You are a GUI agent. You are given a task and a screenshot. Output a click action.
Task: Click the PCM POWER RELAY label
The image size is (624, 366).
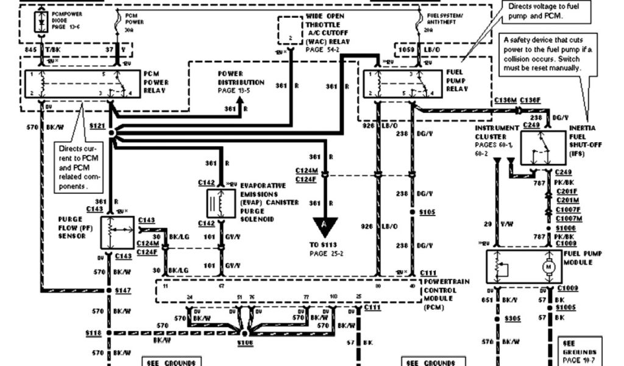pos(155,82)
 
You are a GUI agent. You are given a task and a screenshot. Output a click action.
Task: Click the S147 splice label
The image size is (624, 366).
pos(122,291)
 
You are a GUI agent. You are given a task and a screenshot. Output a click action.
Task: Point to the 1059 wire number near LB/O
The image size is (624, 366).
pos(406,48)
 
